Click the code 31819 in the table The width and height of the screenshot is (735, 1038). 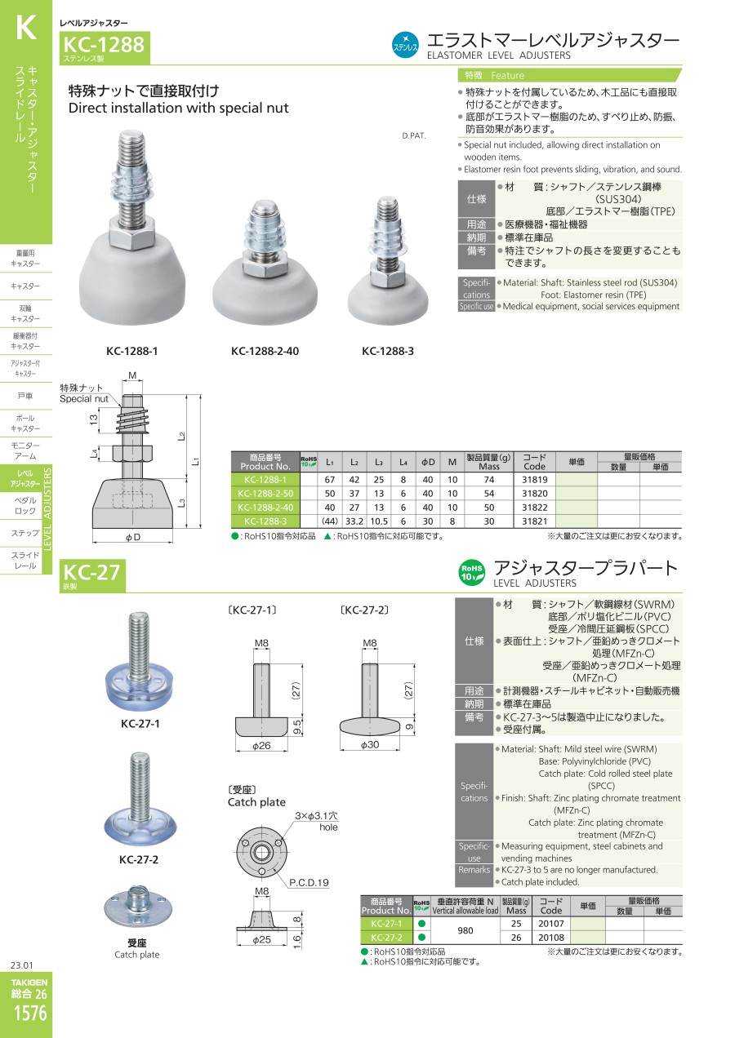click(x=534, y=480)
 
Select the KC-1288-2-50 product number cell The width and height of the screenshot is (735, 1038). click(x=265, y=494)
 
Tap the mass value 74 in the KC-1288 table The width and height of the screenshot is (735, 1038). click(x=488, y=480)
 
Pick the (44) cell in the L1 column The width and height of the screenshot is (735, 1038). click(x=330, y=521)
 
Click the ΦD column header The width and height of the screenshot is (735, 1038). click(x=428, y=462)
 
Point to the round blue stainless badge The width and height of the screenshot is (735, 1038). click(x=405, y=45)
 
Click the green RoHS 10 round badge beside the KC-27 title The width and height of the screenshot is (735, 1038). click(x=471, y=573)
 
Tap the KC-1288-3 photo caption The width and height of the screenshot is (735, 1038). click(x=388, y=351)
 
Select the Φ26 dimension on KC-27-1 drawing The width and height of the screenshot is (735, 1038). click(x=261, y=746)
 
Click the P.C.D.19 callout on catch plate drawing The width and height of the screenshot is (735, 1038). click(x=309, y=883)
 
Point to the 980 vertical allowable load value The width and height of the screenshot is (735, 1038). click(x=465, y=930)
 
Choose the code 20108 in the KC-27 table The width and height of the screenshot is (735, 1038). click(x=551, y=938)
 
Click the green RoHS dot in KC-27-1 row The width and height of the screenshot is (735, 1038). click(x=421, y=924)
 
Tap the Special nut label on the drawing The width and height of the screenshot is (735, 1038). click(x=84, y=399)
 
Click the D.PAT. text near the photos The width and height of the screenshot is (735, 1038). click(x=413, y=135)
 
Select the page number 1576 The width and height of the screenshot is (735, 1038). click(x=30, y=1013)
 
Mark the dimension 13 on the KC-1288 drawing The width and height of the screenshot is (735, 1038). click(x=94, y=419)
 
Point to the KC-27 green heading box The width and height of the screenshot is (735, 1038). click(x=92, y=575)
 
